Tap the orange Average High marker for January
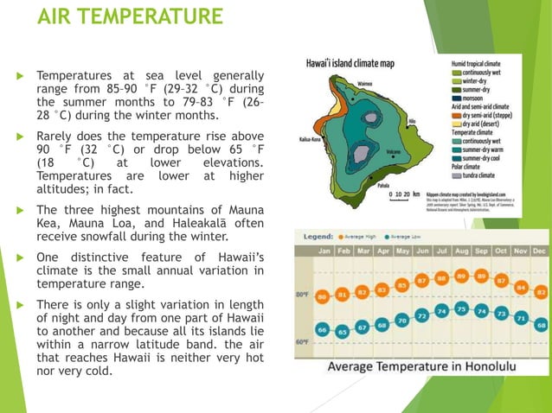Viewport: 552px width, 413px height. point(323,296)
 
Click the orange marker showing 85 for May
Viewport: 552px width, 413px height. point(401,284)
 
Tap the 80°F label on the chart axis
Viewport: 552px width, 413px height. point(302,294)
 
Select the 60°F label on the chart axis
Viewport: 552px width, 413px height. point(302,342)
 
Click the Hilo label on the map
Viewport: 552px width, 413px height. point(412,122)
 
